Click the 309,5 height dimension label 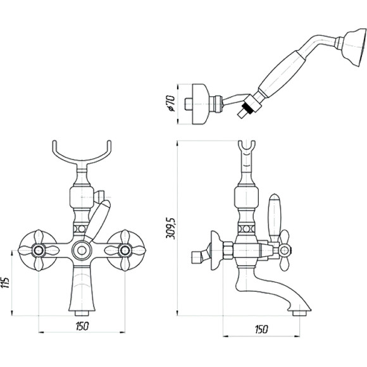tap(171, 228)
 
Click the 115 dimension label tap(6, 283)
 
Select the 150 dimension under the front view tap(82, 326)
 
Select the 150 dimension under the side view tap(261, 329)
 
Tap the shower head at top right tap(353, 49)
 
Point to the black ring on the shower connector tap(248, 109)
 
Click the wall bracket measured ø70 tap(200, 104)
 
